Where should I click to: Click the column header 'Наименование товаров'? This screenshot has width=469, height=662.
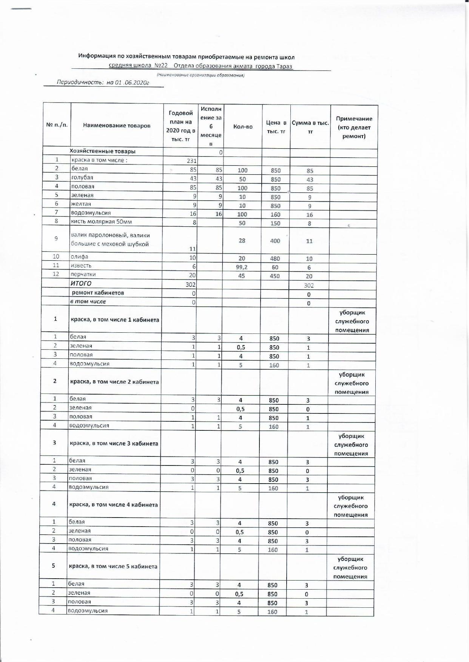(x=117, y=126)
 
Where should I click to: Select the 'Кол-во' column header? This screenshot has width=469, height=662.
(x=243, y=127)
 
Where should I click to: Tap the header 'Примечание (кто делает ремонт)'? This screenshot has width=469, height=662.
(x=354, y=127)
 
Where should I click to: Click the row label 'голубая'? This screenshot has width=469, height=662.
(x=82, y=178)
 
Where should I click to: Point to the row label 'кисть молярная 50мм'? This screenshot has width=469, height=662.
(x=102, y=221)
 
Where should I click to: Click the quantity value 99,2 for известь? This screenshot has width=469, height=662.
(x=242, y=267)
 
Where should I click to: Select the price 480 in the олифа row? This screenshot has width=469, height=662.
(x=275, y=258)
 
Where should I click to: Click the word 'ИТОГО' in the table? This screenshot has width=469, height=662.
(x=81, y=284)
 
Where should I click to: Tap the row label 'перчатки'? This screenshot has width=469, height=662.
(x=83, y=274)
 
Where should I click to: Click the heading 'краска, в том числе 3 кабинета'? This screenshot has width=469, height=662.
(x=114, y=443)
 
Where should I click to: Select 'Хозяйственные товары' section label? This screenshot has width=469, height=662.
(x=102, y=151)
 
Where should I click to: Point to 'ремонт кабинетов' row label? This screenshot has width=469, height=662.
(x=98, y=293)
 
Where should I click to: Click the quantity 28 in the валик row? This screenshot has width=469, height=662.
(x=242, y=240)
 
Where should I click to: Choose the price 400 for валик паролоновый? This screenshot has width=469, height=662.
(x=275, y=241)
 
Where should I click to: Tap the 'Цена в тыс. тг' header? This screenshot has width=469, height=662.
(x=276, y=127)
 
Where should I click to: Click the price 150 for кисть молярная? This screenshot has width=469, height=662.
(x=275, y=223)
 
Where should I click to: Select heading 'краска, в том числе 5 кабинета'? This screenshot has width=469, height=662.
(x=113, y=566)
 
